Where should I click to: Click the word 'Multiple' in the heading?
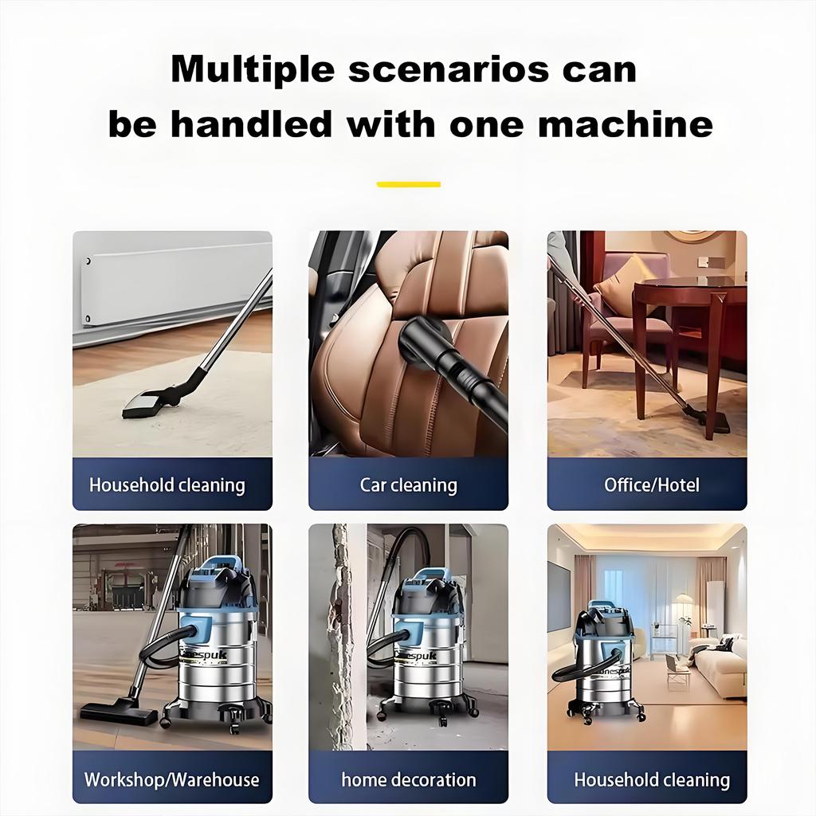click(253, 69)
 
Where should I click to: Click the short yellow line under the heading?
click(408, 184)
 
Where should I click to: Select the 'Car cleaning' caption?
click(408, 484)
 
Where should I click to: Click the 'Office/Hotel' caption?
click(651, 484)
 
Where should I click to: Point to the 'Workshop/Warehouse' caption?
click(171, 779)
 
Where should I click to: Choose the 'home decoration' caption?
click(408, 779)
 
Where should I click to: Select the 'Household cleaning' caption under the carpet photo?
click(167, 484)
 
